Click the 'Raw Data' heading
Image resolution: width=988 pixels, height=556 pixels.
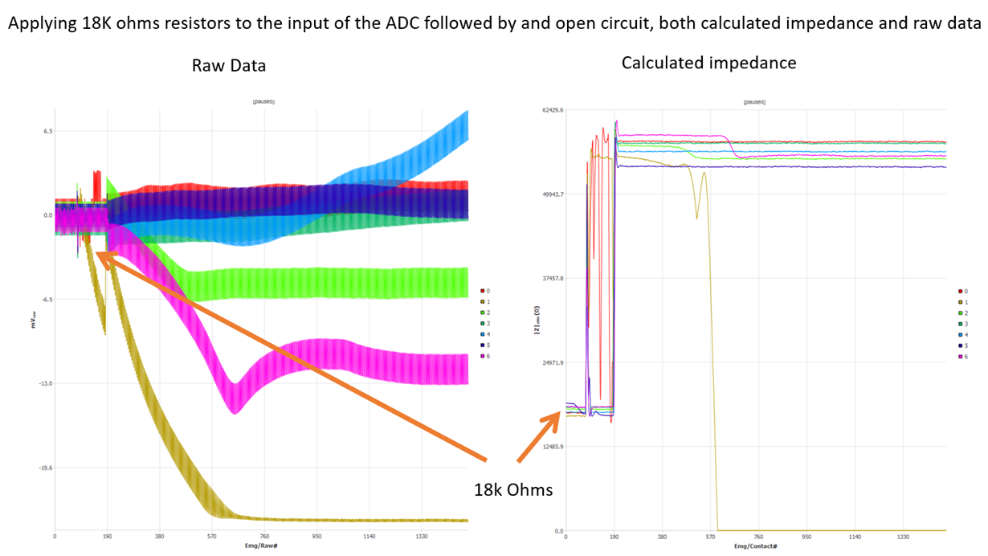click(x=229, y=66)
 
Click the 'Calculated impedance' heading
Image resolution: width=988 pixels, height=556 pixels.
click(x=708, y=63)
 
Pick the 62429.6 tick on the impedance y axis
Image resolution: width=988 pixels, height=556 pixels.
click(x=553, y=110)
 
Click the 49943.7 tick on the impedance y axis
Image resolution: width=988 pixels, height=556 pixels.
click(x=553, y=194)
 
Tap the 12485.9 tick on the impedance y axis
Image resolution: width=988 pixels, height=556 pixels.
click(x=553, y=447)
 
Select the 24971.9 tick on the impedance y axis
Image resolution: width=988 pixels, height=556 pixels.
click(x=553, y=362)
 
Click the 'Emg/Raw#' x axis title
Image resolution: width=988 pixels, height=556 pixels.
click(x=262, y=546)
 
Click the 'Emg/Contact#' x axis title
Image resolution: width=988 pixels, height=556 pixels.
click(x=756, y=546)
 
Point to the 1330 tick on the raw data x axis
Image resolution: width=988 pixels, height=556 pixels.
click(x=422, y=537)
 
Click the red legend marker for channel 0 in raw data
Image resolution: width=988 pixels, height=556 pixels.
click(x=482, y=291)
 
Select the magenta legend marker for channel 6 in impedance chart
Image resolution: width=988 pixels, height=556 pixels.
click(x=959, y=356)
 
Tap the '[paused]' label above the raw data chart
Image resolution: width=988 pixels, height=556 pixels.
click(x=263, y=102)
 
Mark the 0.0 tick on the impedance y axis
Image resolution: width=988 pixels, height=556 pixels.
click(x=557, y=531)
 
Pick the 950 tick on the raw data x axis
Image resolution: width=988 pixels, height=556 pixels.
click(x=317, y=537)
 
